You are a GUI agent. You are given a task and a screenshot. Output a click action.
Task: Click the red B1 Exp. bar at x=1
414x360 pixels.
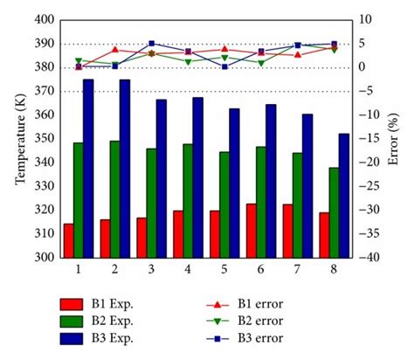[68, 241]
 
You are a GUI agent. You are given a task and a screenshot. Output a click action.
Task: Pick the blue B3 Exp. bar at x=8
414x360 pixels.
[344, 196]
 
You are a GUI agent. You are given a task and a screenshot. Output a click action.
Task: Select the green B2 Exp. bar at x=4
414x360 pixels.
[187, 201]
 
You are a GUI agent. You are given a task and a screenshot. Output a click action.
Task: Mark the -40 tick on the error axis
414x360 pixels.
[369, 258]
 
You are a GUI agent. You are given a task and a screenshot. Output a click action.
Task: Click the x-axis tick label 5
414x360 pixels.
[224, 270]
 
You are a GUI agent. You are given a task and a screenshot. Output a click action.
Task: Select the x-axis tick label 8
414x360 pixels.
[334, 270]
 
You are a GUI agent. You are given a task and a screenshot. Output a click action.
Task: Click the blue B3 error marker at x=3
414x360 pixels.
[152, 44]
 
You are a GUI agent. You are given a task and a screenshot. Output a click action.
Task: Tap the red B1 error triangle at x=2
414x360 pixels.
[115, 50]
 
